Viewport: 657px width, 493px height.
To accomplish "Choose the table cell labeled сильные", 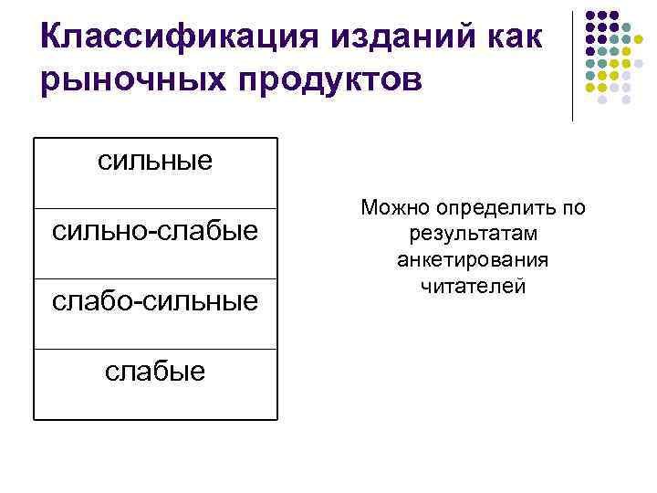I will [x=155, y=162].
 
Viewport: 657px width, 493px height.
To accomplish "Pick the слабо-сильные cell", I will [x=155, y=300].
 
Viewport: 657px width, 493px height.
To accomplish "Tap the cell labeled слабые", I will [x=155, y=371].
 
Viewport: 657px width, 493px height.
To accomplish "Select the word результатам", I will [x=473, y=235].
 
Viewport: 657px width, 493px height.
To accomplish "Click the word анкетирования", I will [x=473, y=260].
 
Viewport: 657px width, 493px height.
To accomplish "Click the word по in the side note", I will [x=573, y=209].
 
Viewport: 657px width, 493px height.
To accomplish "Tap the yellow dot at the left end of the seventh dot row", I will [x=589, y=89].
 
